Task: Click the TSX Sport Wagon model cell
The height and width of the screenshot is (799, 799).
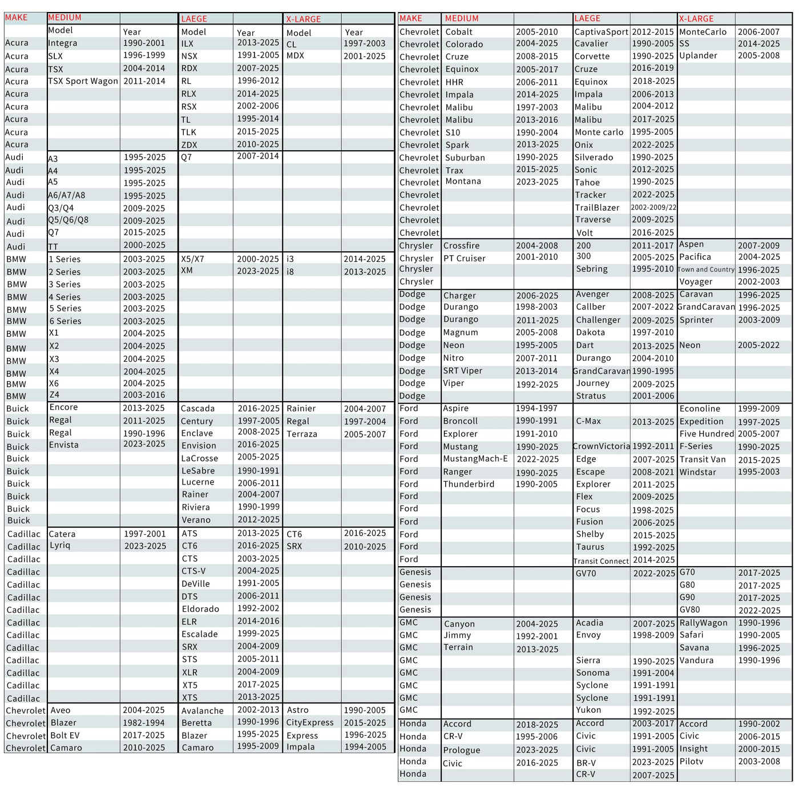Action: click(83, 81)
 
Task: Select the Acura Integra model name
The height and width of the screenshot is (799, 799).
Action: click(63, 43)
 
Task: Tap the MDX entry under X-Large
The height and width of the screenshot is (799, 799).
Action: click(295, 56)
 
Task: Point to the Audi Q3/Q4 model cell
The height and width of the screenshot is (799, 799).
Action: click(61, 208)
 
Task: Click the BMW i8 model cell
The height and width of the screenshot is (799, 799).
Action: click(290, 272)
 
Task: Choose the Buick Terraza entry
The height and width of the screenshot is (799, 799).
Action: click(301, 434)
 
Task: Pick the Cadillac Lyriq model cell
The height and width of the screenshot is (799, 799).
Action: click(60, 546)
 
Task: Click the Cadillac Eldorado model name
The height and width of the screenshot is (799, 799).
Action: click(200, 609)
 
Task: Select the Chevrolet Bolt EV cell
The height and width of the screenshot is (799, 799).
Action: click(65, 736)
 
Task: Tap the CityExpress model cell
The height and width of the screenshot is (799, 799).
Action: click(310, 723)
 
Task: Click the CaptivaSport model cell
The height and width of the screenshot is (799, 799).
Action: click(601, 32)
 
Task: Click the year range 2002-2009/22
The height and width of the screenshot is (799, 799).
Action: click(653, 208)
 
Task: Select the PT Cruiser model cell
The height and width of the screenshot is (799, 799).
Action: click(465, 259)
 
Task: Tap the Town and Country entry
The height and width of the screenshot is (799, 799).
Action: click(706, 269)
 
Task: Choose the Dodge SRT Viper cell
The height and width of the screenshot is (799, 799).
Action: click(463, 371)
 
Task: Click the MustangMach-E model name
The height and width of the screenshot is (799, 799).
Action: click(475, 459)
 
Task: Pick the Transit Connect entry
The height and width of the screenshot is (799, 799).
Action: click(601, 561)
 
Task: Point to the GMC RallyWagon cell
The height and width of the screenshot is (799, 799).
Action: click(703, 623)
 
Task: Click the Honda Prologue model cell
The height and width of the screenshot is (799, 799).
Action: click(462, 750)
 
